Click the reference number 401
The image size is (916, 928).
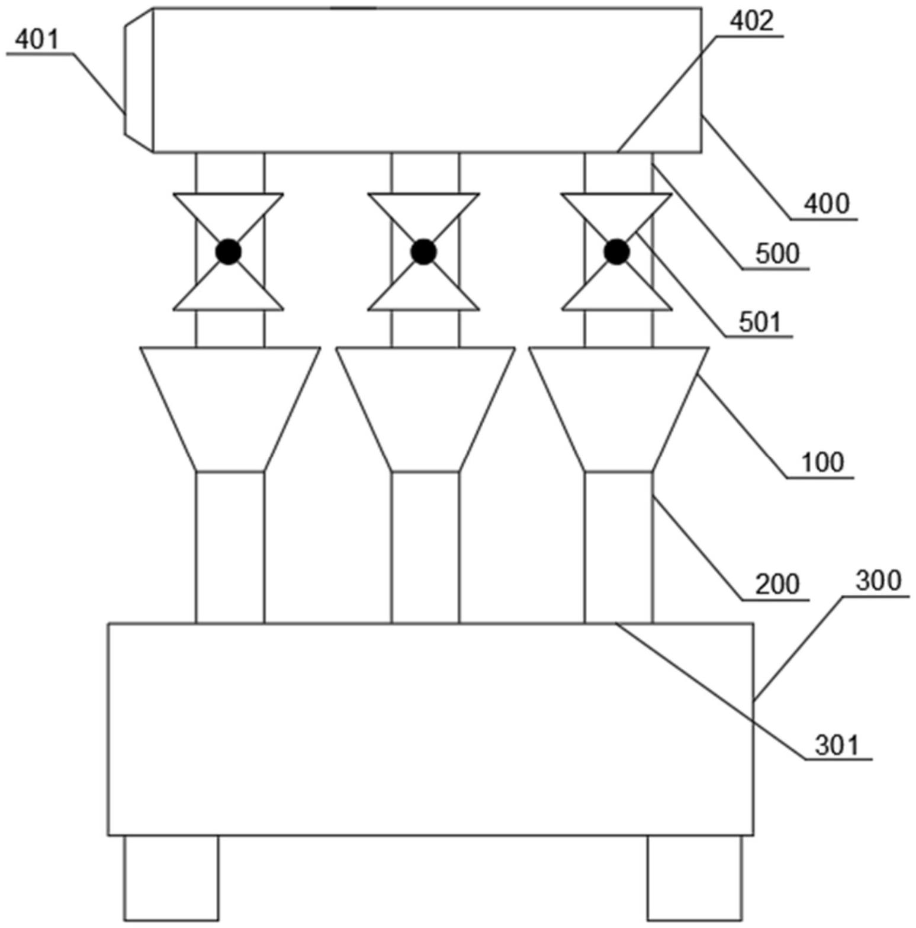coord(37,40)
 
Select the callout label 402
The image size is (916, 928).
coord(751,21)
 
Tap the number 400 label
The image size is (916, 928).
coord(826,204)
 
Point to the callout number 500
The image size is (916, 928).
coord(777,254)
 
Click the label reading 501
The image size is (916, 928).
coord(760,323)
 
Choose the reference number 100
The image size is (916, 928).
coord(822,462)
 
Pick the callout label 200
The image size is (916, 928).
coord(777,584)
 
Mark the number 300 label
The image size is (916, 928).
coord(878,581)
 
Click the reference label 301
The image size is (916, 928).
coord(837,746)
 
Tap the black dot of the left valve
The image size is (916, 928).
coord(229,252)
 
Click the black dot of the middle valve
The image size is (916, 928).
coord(423,252)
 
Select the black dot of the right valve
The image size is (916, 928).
coord(617,252)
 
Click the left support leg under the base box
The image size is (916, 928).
coord(171,878)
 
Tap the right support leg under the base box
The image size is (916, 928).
coord(695,878)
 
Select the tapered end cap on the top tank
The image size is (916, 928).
coord(139,79)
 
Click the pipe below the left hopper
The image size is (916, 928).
coord(230,547)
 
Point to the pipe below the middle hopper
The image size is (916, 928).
coord(425,547)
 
